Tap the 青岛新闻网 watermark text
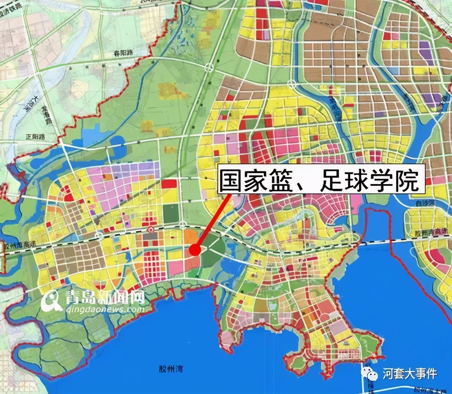105,299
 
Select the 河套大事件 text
410,374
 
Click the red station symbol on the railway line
150,230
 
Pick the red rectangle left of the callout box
169,184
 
